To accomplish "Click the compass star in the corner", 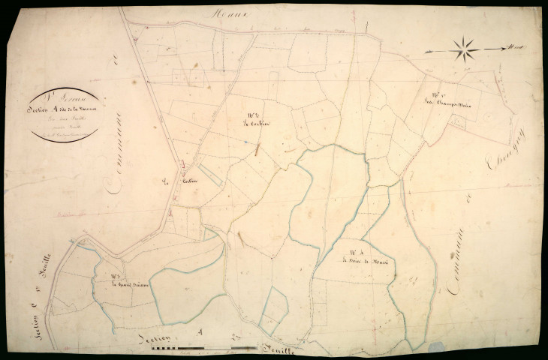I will [465, 50].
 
